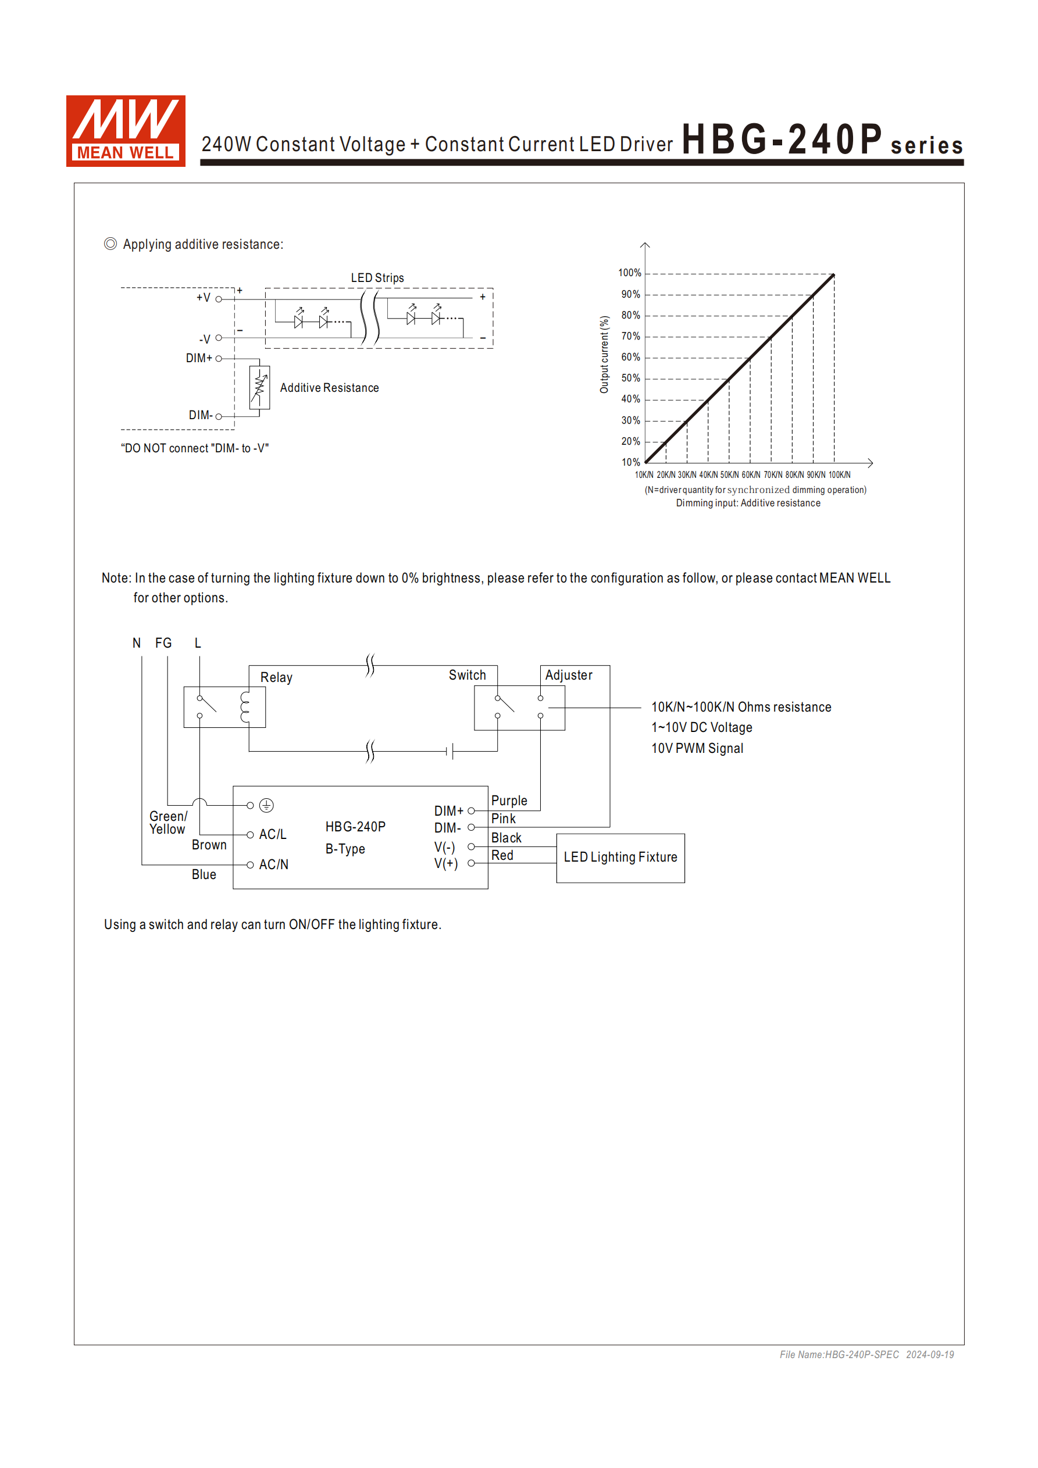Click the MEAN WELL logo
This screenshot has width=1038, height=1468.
126,131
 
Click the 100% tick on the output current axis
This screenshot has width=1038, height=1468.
629,273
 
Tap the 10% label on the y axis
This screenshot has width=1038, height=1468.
630,462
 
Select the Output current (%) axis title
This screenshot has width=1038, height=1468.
604,355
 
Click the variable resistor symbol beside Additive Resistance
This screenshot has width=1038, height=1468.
260,387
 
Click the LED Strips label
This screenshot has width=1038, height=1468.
377,278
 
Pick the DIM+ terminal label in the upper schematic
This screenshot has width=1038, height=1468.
199,358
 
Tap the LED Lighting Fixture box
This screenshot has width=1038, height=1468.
620,858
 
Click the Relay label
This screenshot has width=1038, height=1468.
276,678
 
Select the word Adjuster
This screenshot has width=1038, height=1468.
569,676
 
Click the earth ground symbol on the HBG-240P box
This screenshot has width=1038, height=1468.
267,806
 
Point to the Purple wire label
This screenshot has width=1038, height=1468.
509,801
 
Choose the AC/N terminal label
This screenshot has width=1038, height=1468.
274,865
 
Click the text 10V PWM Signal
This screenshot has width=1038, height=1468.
697,749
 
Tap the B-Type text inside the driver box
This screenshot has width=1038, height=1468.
345,849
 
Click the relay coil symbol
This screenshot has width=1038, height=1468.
245,707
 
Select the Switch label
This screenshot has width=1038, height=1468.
468,676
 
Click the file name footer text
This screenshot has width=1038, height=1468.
866,1355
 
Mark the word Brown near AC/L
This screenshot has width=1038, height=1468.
209,845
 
